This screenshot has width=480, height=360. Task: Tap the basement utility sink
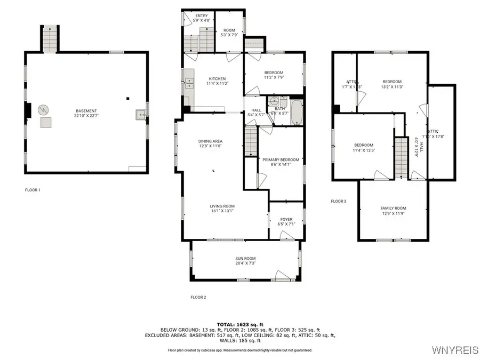tap(140, 114)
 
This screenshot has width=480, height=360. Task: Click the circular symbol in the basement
tap(43, 110)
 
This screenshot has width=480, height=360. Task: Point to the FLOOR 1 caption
tap(33, 190)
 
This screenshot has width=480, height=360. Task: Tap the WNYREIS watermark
tap(454, 351)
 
